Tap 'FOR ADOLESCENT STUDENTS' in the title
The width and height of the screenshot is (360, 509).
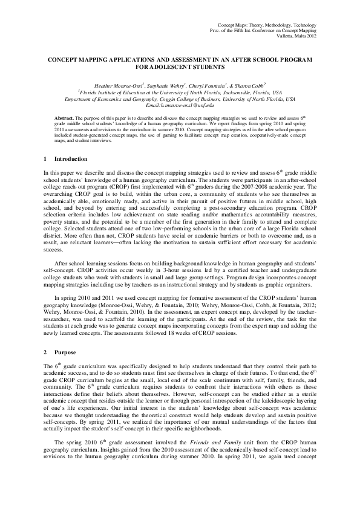180,68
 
